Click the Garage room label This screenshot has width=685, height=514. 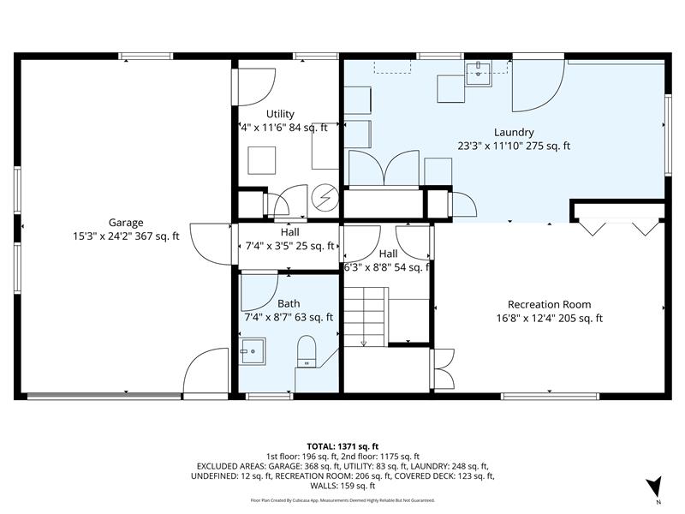coord(125,222)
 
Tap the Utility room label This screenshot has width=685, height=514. coord(280,114)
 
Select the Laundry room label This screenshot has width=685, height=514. coord(514,132)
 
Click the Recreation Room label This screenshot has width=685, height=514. coord(549,304)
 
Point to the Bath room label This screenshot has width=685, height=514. coord(289,303)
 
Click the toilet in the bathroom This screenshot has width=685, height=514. coord(307,352)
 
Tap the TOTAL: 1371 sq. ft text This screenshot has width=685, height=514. coord(342,446)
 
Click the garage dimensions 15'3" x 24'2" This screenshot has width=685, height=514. coord(126,236)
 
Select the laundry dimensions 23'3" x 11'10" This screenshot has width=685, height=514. coord(514,146)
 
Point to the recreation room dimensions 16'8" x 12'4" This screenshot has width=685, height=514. coord(549,318)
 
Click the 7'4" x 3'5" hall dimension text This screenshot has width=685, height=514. coord(289,246)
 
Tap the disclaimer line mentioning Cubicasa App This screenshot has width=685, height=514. coord(342,499)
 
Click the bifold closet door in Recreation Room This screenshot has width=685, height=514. coord(616,226)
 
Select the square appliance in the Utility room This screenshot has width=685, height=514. coord(262,159)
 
